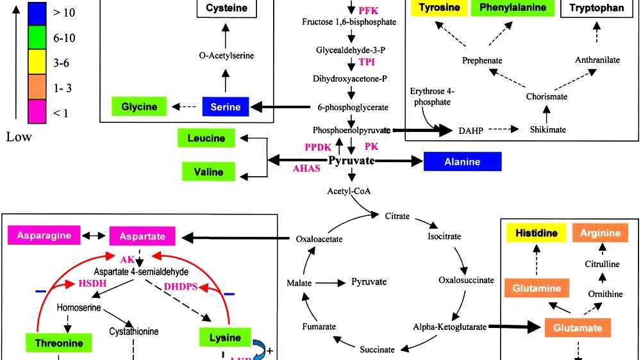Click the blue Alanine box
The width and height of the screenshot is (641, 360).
(463, 162)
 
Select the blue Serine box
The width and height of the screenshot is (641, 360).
(225, 107)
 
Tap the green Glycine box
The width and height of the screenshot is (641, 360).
(139, 106)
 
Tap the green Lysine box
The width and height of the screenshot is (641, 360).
(224, 338)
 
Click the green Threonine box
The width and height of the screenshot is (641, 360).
(58, 343)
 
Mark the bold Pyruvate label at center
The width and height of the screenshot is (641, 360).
(351, 160)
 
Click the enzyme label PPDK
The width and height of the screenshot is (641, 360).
(317, 147)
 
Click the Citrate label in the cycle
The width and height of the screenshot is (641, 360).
(397, 217)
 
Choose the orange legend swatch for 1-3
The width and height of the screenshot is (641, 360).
(40, 88)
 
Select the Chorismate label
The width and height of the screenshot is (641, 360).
(546, 97)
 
